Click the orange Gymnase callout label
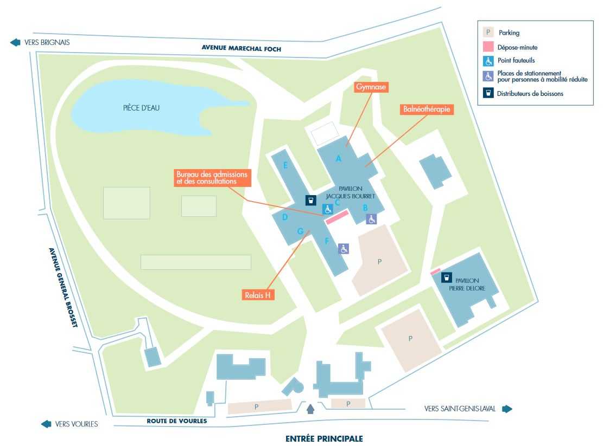371,87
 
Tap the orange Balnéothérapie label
427,109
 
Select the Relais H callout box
257,295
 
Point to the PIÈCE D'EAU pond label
141,108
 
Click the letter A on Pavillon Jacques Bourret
339,159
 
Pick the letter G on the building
300,231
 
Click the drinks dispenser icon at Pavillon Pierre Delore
446,277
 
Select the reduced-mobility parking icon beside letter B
371,219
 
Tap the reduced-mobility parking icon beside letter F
344,249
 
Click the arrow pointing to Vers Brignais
15,42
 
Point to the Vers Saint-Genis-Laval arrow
507,409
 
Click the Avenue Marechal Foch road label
242,48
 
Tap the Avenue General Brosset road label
64,288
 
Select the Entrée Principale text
324,438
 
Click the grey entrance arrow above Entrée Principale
310,409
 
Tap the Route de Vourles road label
176,421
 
